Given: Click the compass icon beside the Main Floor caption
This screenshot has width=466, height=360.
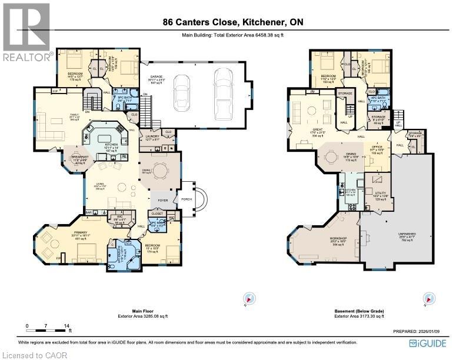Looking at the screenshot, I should [x=250, y=298].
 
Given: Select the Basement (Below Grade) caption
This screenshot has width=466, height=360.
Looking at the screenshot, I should [x=358, y=312].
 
